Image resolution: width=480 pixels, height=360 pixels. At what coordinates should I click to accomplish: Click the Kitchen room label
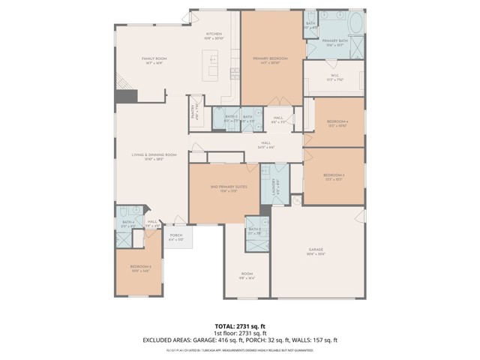tap(214, 35)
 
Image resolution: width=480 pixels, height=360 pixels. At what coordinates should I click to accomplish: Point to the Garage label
tap(316, 251)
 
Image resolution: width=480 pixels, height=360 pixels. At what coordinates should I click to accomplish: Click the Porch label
tap(175, 237)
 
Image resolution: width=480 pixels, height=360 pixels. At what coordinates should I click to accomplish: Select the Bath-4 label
tap(129, 223)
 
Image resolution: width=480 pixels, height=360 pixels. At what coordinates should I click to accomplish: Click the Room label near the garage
tap(247, 275)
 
